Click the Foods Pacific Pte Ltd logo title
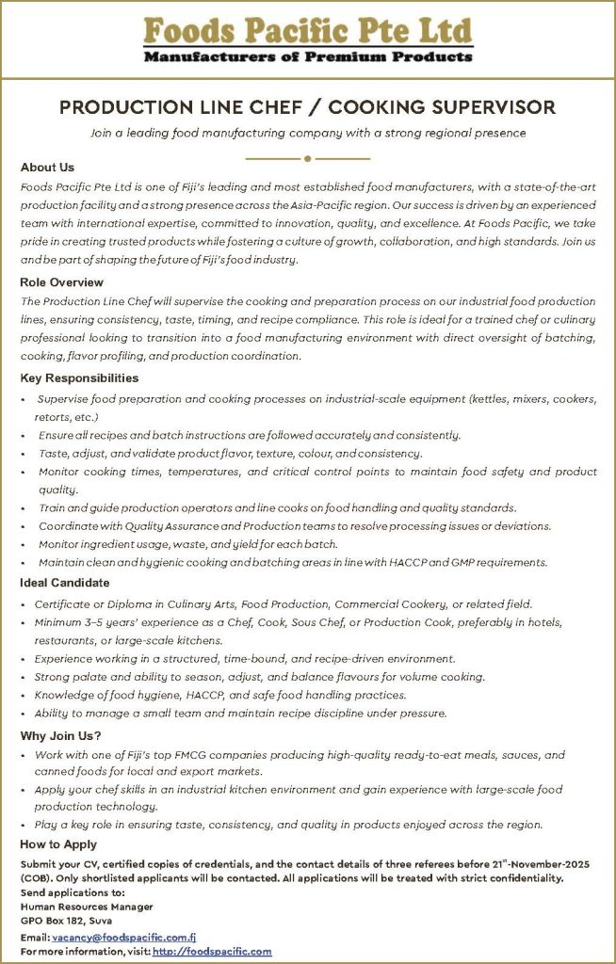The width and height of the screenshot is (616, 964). [x=307, y=30]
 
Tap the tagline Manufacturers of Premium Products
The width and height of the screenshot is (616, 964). [x=307, y=57]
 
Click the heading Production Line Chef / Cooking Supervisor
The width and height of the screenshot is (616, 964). [x=307, y=107]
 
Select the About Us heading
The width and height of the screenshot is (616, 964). [x=47, y=168]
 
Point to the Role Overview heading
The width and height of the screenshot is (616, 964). [x=62, y=282]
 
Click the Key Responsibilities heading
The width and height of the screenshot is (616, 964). [x=79, y=378]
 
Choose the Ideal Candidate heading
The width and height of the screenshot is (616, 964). [x=65, y=584]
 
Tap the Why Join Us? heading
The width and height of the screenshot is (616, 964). [x=61, y=735]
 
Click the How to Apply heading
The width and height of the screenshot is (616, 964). [x=58, y=844]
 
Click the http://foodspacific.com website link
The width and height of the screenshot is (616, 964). [x=212, y=952]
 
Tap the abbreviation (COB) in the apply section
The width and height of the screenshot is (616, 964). [x=37, y=878]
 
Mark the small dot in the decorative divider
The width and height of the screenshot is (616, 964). [x=307, y=158]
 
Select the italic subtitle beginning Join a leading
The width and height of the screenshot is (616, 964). [x=307, y=134]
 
